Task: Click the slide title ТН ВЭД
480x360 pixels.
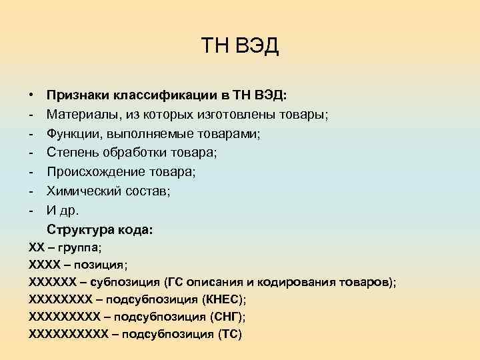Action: pyautogui.click(x=240, y=47)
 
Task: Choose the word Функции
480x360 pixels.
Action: pyautogui.click(x=71, y=134)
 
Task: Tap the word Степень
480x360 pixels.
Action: pyautogui.click(x=71, y=153)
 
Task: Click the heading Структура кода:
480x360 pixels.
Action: pyautogui.click(x=99, y=230)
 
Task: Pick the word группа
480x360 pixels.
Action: pyautogui.click(x=78, y=247)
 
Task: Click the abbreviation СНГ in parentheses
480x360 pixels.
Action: pyautogui.click(x=229, y=317)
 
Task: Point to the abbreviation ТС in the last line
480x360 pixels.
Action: pyautogui.click(x=229, y=334)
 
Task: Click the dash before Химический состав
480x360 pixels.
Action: pyautogui.click(x=31, y=191)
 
